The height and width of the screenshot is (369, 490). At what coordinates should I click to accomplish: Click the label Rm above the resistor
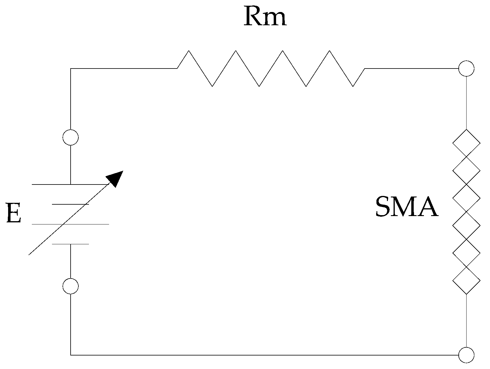(x=265, y=17)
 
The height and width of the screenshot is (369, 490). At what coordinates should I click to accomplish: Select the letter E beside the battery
(x=14, y=213)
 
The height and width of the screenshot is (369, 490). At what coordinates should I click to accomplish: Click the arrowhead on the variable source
(x=116, y=178)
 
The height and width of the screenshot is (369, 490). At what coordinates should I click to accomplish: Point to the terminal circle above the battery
(x=71, y=138)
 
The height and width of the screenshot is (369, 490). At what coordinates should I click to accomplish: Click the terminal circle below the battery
(x=71, y=286)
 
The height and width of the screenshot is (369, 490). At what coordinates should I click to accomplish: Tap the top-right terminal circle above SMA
(x=466, y=69)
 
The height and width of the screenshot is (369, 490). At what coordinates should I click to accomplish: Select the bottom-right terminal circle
(x=466, y=355)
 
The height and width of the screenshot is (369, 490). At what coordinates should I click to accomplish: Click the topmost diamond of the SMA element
(x=466, y=143)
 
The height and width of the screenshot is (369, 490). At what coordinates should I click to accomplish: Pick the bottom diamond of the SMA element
(x=466, y=281)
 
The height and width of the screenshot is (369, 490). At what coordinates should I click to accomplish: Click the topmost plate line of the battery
(x=71, y=184)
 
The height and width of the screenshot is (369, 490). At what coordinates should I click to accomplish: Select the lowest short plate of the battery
(x=71, y=244)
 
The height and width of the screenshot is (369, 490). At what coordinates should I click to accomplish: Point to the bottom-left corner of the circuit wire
(x=71, y=355)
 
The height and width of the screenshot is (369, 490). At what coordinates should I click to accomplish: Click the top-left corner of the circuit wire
(x=71, y=69)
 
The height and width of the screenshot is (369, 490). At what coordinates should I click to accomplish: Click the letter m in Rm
(x=275, y=19)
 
